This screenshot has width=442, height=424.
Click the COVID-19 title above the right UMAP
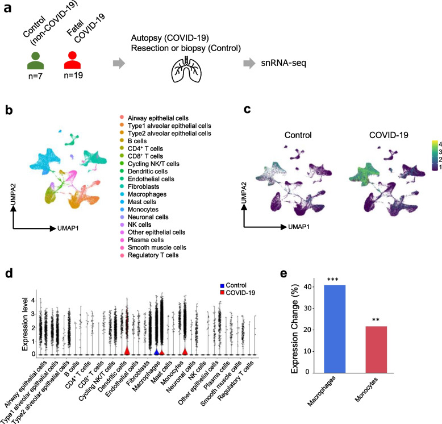[374, 121]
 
